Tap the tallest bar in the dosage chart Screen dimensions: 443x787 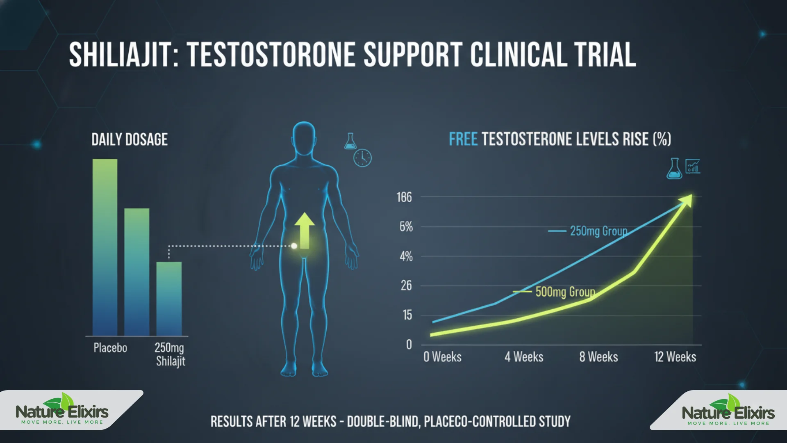point(105,246)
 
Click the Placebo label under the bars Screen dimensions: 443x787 point(110,348)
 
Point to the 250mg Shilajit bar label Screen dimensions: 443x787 point(170,354)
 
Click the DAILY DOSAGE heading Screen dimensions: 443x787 point(130,140)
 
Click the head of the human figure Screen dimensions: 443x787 point(304,139)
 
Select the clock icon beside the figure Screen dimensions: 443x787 point(362,158)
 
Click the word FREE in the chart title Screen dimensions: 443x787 point(463,139)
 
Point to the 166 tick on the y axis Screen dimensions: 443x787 point(404,197)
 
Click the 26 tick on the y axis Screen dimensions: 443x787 point(406,285)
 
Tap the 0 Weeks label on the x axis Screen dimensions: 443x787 point(442,357)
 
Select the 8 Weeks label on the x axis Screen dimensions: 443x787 point(598,357)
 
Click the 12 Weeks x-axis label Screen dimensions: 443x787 point(675,357)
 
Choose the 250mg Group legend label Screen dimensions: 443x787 point(598,231)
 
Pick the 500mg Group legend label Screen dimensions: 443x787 point(565,292)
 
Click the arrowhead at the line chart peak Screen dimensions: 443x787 point(687,201)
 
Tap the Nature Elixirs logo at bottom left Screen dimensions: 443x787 point(62,411)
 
